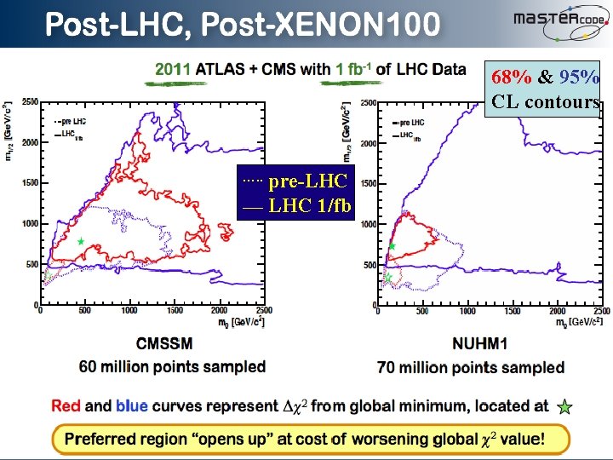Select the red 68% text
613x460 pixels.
[512, 77]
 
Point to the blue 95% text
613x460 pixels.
[581, 77]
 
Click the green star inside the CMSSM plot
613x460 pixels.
[81, 242]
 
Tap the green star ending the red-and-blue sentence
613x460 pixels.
[564, 407]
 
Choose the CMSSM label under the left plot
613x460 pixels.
[164, 344]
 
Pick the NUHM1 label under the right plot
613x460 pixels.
[470, 345]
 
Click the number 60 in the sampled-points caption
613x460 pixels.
[89, 367]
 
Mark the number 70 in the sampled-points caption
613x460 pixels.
[388, 368]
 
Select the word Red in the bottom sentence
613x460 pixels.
[66, 406]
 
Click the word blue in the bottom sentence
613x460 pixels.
[132, 406]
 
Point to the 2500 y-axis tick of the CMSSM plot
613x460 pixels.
[30, 102]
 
